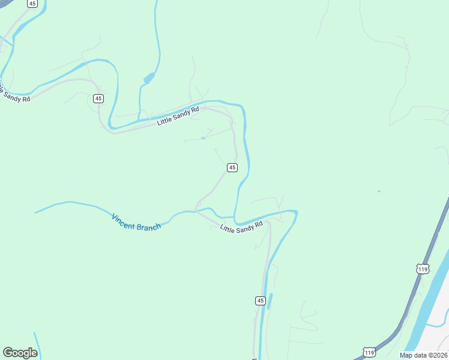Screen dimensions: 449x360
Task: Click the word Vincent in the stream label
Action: click(124, 219)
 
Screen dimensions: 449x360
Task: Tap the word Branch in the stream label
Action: click(148, 226)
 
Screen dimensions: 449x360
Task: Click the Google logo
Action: click(20, 353)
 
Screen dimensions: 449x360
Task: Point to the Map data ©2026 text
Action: click(423, 355)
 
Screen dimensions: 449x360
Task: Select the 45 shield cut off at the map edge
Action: click(32, 3)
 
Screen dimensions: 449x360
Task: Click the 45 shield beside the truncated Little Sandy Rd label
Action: click(98, 98)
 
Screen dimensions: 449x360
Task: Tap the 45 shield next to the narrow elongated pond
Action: click(260, 300)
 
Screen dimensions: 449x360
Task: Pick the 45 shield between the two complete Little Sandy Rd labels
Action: click(232, 167)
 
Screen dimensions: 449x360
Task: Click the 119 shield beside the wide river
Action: click(423, 268)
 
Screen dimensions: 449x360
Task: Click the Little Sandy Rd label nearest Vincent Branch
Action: click(242, 227)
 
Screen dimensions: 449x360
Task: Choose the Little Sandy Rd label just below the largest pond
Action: click(178, 115)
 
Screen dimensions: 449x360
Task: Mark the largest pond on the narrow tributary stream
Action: click(148, 78)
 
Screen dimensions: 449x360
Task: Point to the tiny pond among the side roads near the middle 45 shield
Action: click(203, 139)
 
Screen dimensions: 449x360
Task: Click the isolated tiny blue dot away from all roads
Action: click(378, 191)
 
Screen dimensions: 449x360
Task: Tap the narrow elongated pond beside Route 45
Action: click(270, 301)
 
